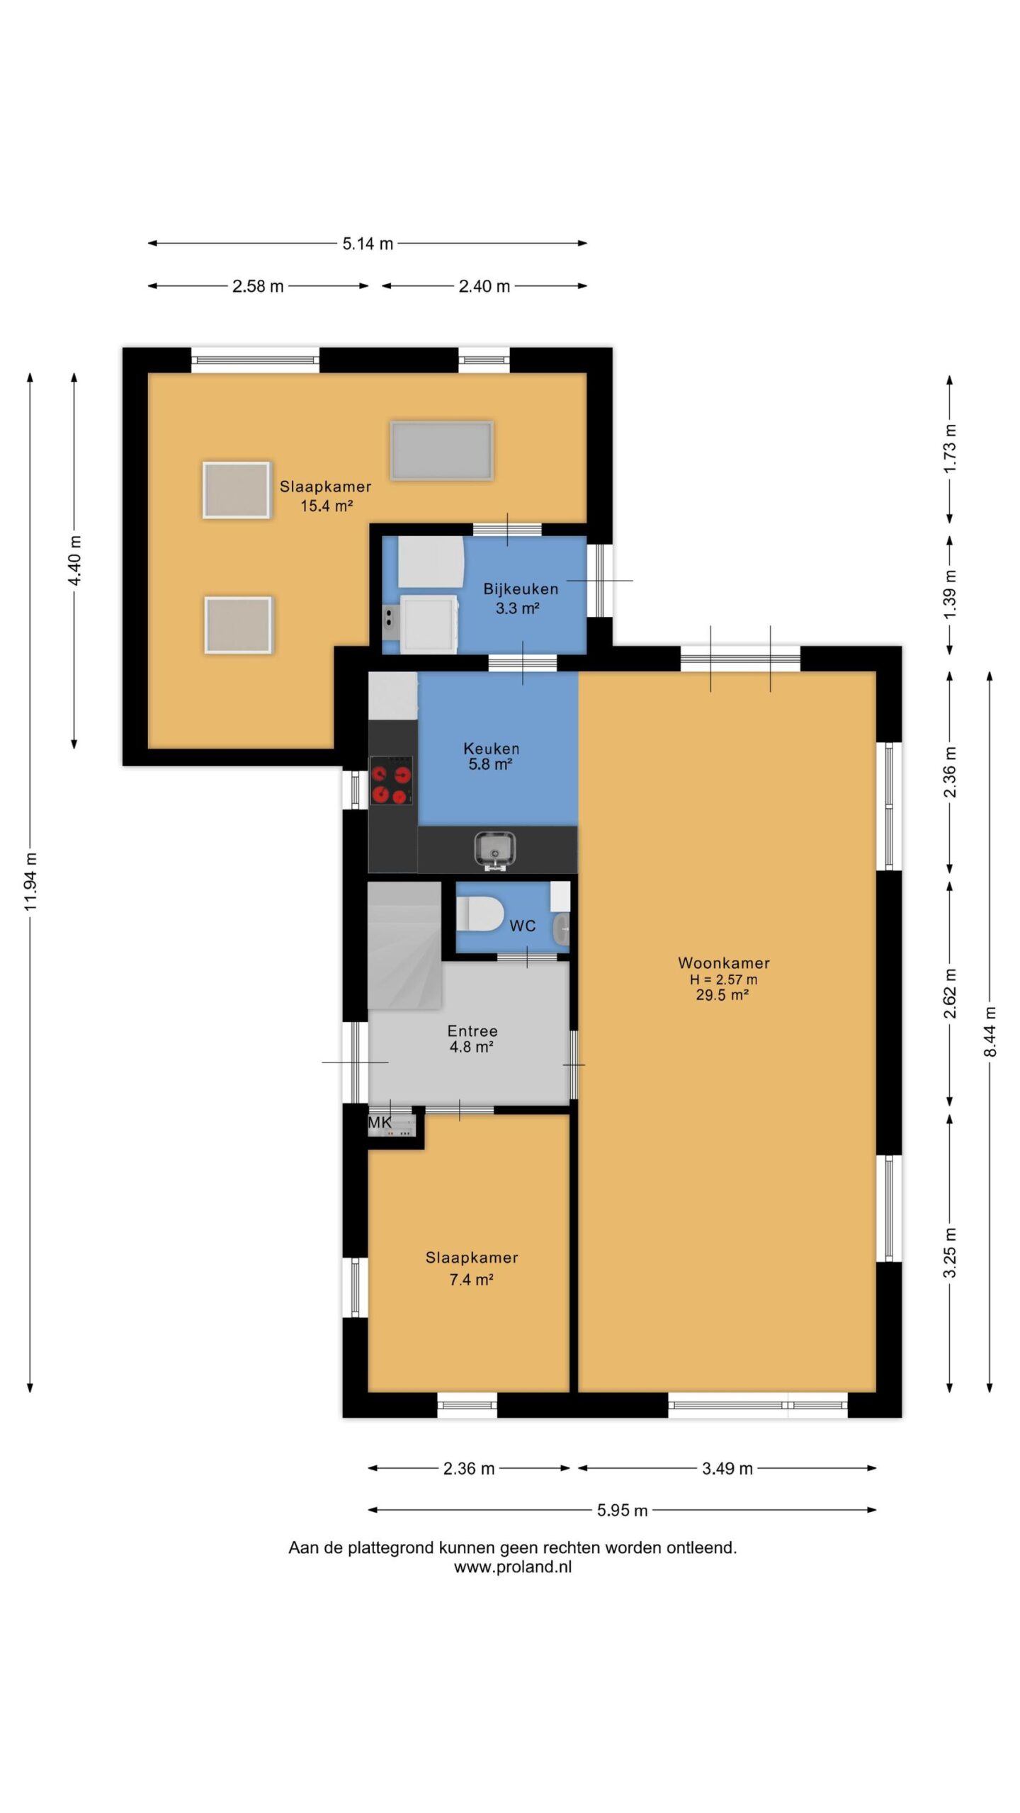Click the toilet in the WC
pos(479,914)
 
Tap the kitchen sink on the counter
pos(494,849)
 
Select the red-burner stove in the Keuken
pos(391,780)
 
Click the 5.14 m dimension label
pos(368,244)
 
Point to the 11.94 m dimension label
pos(30,882)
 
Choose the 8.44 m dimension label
pos(990,1031)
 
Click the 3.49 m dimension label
pos(727,1468)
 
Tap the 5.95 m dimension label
pos(622,1510)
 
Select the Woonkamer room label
pos(723,962)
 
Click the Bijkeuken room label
pos(521,589)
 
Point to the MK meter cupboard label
pos(380,1123)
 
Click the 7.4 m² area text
pos(471,1279)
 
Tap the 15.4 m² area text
pos(327,506)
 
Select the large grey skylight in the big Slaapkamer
pos(441,450)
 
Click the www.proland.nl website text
pos(513,1567)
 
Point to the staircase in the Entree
pos(404,945)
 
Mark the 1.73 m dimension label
pos(950,448)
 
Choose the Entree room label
pos(472,1031)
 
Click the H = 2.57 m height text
pos(723,979)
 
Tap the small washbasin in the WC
pos(561,929)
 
